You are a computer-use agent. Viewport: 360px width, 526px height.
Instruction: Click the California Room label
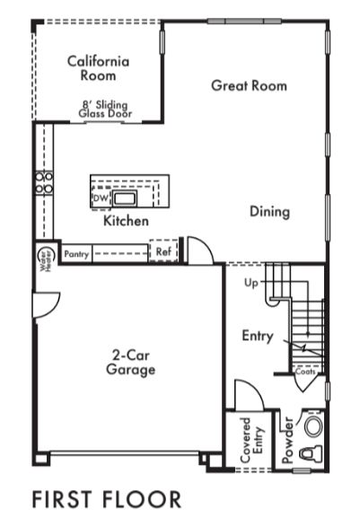click(x=98, y=68)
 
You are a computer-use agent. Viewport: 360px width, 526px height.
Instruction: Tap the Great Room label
click(x=249, y=85)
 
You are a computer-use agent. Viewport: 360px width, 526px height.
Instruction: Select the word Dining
click(x=269, y=212)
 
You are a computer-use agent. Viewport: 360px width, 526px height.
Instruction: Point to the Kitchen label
click(x=126, y=221)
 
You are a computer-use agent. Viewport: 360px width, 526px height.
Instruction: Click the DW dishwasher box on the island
click(x=101, y=198)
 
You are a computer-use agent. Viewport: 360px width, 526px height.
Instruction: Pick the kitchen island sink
click(x=125, y=198)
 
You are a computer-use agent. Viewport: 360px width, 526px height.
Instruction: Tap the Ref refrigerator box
click(x=163, y=251)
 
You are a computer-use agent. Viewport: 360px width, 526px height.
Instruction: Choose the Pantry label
click(x=76, y=254)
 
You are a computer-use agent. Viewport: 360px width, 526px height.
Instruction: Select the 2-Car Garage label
click(x=130, y=363)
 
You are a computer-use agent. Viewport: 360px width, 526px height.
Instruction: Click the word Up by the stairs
click(x=251, y=283)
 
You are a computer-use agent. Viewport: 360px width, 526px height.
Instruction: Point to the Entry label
click(x=258, y=336)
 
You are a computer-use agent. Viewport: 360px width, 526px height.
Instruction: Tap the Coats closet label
click(x=305, y=372)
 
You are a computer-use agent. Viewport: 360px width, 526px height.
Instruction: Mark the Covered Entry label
click(x=252, y=440)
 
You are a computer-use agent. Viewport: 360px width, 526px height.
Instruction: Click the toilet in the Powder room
click(x=311, y=453)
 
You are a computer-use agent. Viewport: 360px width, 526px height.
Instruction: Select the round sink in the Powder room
click(x=314, y=426)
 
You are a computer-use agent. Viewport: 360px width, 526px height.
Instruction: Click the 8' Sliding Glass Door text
click(x=105, y=110)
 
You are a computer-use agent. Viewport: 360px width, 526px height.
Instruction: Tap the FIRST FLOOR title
click(x=107, y=499)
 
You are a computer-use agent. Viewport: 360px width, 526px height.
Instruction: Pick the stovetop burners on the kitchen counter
click(x=44, y=182)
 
